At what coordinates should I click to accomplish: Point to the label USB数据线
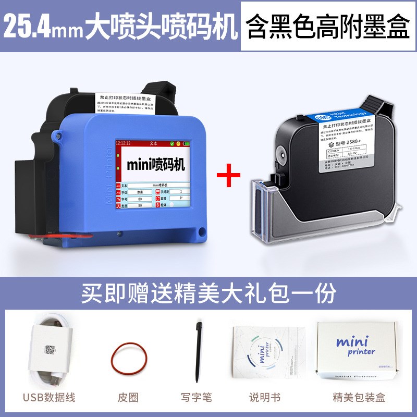50,398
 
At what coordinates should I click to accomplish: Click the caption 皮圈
128,398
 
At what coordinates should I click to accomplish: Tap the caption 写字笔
197,398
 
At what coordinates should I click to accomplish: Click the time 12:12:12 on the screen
123,142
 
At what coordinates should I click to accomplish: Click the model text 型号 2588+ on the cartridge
347,142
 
